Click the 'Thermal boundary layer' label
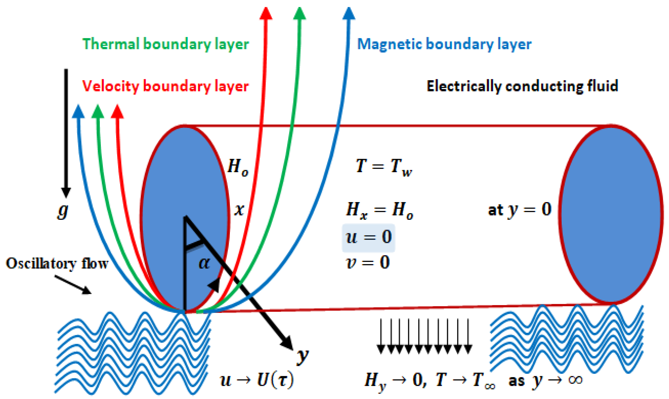click(166, 44)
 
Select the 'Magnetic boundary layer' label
click(444, 44)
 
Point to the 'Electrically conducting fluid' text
click(522, 86)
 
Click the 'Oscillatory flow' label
click(57, 264)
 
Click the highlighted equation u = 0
click(368, 237)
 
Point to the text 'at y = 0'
click(520, 210)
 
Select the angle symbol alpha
click(204, 263)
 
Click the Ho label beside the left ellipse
click(238, 167)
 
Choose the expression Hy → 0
click(395, 381)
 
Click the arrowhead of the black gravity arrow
click(66, 192)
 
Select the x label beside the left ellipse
click(239, 210)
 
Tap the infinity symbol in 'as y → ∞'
click(575, 380)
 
